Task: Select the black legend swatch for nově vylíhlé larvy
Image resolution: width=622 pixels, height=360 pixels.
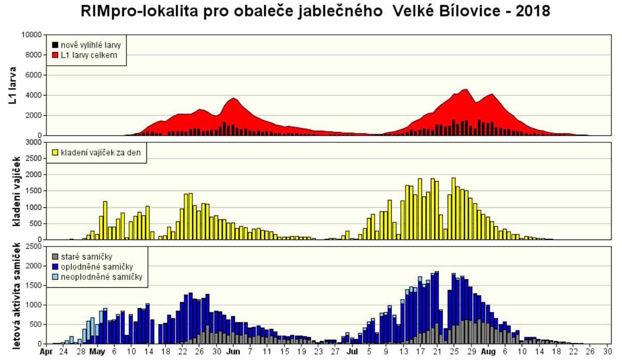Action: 54,45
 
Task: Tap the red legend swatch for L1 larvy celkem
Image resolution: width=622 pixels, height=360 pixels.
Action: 54,55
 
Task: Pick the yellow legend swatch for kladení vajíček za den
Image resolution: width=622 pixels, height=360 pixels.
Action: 54,153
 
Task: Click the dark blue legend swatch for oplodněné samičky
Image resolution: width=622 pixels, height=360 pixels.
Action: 54,267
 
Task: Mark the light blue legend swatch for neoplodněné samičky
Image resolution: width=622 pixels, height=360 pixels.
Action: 54,277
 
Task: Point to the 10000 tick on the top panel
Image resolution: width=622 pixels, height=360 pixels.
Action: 31,35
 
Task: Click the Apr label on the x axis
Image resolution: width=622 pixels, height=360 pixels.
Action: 47,351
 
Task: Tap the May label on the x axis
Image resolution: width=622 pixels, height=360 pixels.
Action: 97,351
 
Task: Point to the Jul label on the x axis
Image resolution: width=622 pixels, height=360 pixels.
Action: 352,351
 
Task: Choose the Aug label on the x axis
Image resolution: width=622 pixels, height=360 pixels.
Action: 489,351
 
